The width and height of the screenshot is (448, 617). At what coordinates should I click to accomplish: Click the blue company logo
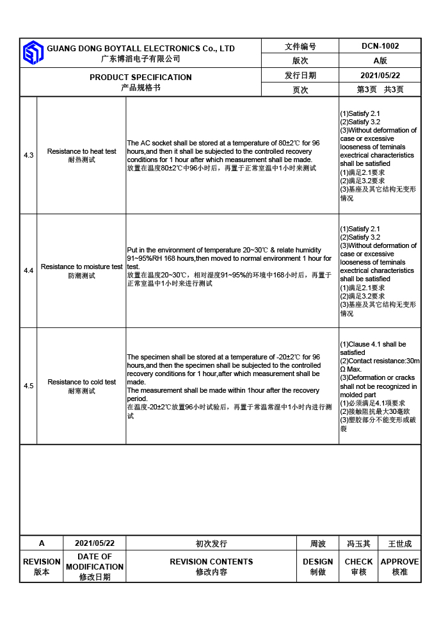(x=33, y=53)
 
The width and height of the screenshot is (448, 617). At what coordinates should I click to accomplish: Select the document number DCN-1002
(x=380, y=46)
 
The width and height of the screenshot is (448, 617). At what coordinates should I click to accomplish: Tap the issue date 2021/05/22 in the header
(x=380, y=75)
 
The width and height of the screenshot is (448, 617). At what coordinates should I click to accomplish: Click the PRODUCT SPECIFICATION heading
(x=141, y=77)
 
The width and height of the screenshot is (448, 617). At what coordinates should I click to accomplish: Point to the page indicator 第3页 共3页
(x=380, y=90)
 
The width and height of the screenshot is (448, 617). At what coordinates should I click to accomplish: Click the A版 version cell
(x=380, y=61)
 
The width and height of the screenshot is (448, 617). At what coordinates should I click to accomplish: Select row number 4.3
(x=29, y=156)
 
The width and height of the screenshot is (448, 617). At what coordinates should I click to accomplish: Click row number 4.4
(x=29, y=271)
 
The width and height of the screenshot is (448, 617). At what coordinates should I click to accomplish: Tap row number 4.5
(x=29, y=386)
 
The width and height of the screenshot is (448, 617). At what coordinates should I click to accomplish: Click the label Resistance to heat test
(x=82, y=152)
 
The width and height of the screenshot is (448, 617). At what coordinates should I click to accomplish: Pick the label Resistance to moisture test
(x=82, y=267)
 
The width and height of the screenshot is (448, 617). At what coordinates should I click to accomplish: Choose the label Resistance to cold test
(x=82, y=382)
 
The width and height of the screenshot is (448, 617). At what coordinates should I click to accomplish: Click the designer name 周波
(x=318, y=544)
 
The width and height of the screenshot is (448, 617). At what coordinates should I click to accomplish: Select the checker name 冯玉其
(x=358, y=544)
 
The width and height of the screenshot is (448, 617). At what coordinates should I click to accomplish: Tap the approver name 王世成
(x=400, y=544)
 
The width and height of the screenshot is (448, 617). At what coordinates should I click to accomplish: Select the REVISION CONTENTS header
(x=211, y=562)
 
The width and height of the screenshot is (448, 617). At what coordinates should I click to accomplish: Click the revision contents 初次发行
(x=211, y=544)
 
